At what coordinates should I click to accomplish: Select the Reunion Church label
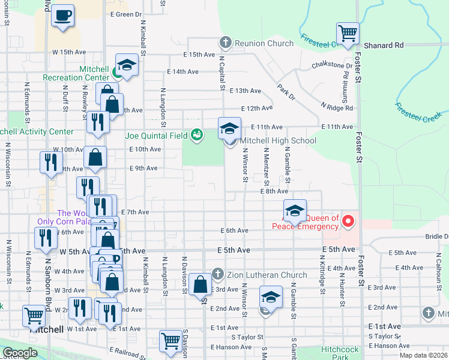[256, 43]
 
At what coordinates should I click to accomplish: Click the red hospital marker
[348, 223]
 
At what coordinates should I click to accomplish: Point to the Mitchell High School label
[278, 141]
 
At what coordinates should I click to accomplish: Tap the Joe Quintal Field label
[157, 135]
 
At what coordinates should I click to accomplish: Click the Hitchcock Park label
[339, 353]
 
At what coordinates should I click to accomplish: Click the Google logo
[20, 353]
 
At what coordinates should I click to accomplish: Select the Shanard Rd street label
[384, 46]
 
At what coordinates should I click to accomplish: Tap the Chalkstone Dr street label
[332, 65]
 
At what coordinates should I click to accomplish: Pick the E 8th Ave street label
[274, 191]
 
